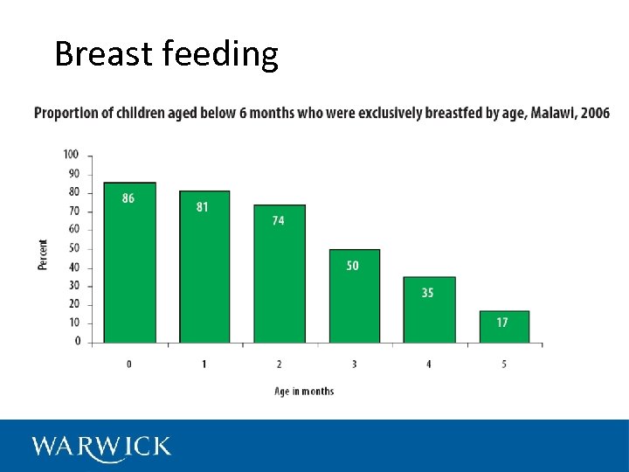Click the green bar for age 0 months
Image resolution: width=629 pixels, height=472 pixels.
[x=129, y=262]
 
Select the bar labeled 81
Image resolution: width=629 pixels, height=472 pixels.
[x=204, y=267]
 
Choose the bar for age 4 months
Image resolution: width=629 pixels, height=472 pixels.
[x=429, y=309]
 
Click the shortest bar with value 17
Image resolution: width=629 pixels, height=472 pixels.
[x=504, y=327]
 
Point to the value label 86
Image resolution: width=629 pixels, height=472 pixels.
[x=128, y=198]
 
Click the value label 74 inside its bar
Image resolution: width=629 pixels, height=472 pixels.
[x=278, y=220]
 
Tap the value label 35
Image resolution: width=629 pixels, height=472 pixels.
[x=427, y=293]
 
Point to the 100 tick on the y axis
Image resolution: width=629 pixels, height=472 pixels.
[x=71, y=155]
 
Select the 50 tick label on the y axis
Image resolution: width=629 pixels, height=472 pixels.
[x=73, y=248]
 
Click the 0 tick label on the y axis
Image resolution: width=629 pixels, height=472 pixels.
[x=77, y=342]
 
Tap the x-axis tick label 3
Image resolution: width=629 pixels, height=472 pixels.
[x=354, y=364]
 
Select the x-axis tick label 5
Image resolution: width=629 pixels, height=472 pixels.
[x=504, y=364]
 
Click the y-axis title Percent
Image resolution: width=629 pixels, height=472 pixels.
[x=43, y=254]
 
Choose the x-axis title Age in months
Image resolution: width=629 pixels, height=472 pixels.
[x=304, y=391]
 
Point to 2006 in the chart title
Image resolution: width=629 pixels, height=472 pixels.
[x=598, y=113]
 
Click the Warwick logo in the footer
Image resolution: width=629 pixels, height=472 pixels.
[x=101, y=447]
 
